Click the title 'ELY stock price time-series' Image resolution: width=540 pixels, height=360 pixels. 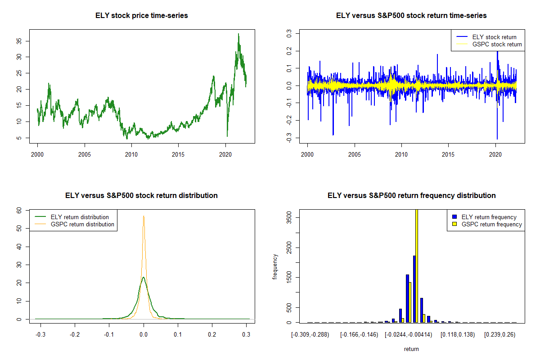(141, 16)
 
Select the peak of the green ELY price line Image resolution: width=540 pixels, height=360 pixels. (238, 34)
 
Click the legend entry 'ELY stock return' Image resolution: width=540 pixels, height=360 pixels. (494, 37)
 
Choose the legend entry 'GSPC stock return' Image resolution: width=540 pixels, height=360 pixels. (497, 44)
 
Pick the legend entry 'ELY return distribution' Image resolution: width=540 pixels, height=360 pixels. (80, 217)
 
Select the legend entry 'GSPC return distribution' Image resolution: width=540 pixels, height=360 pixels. (82, 224)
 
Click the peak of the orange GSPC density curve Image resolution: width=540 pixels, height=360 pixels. (144, 216)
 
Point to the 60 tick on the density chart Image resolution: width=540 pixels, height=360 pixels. (19, 210)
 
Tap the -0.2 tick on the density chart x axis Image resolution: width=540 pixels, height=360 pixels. (75, 335)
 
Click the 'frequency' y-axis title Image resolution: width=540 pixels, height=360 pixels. (275, 266)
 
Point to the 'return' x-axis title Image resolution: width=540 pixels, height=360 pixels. (411, 349)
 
